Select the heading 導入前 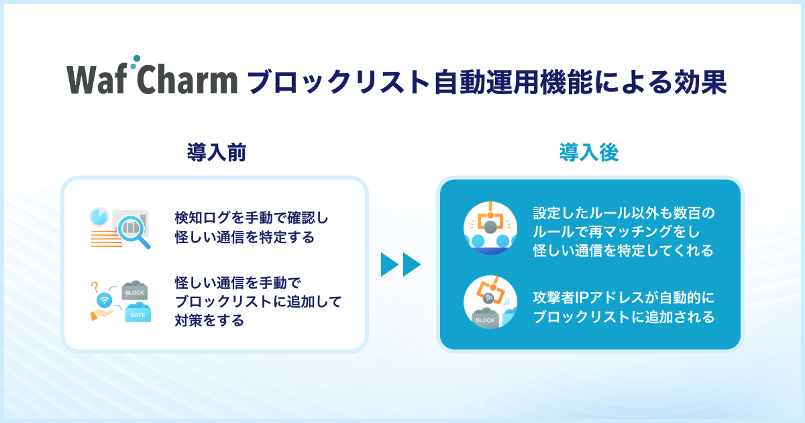(x=217, y=152)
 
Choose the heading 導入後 (x=589, y=152)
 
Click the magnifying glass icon (x=133, y=231)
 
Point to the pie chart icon (x=99, y=216)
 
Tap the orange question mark (x=95, y=287)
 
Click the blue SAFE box (x=138, y=312)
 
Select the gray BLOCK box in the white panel (x=135, y=290)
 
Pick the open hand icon (x=102, y=314)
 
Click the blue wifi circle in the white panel (x=104, y=299)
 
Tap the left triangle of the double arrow (x=390, y=265)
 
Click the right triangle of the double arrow (x=412, y=265)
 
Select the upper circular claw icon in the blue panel (x=490, y=228)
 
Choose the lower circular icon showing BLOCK (x=490, y=302)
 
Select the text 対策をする (x=209, y=320)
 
